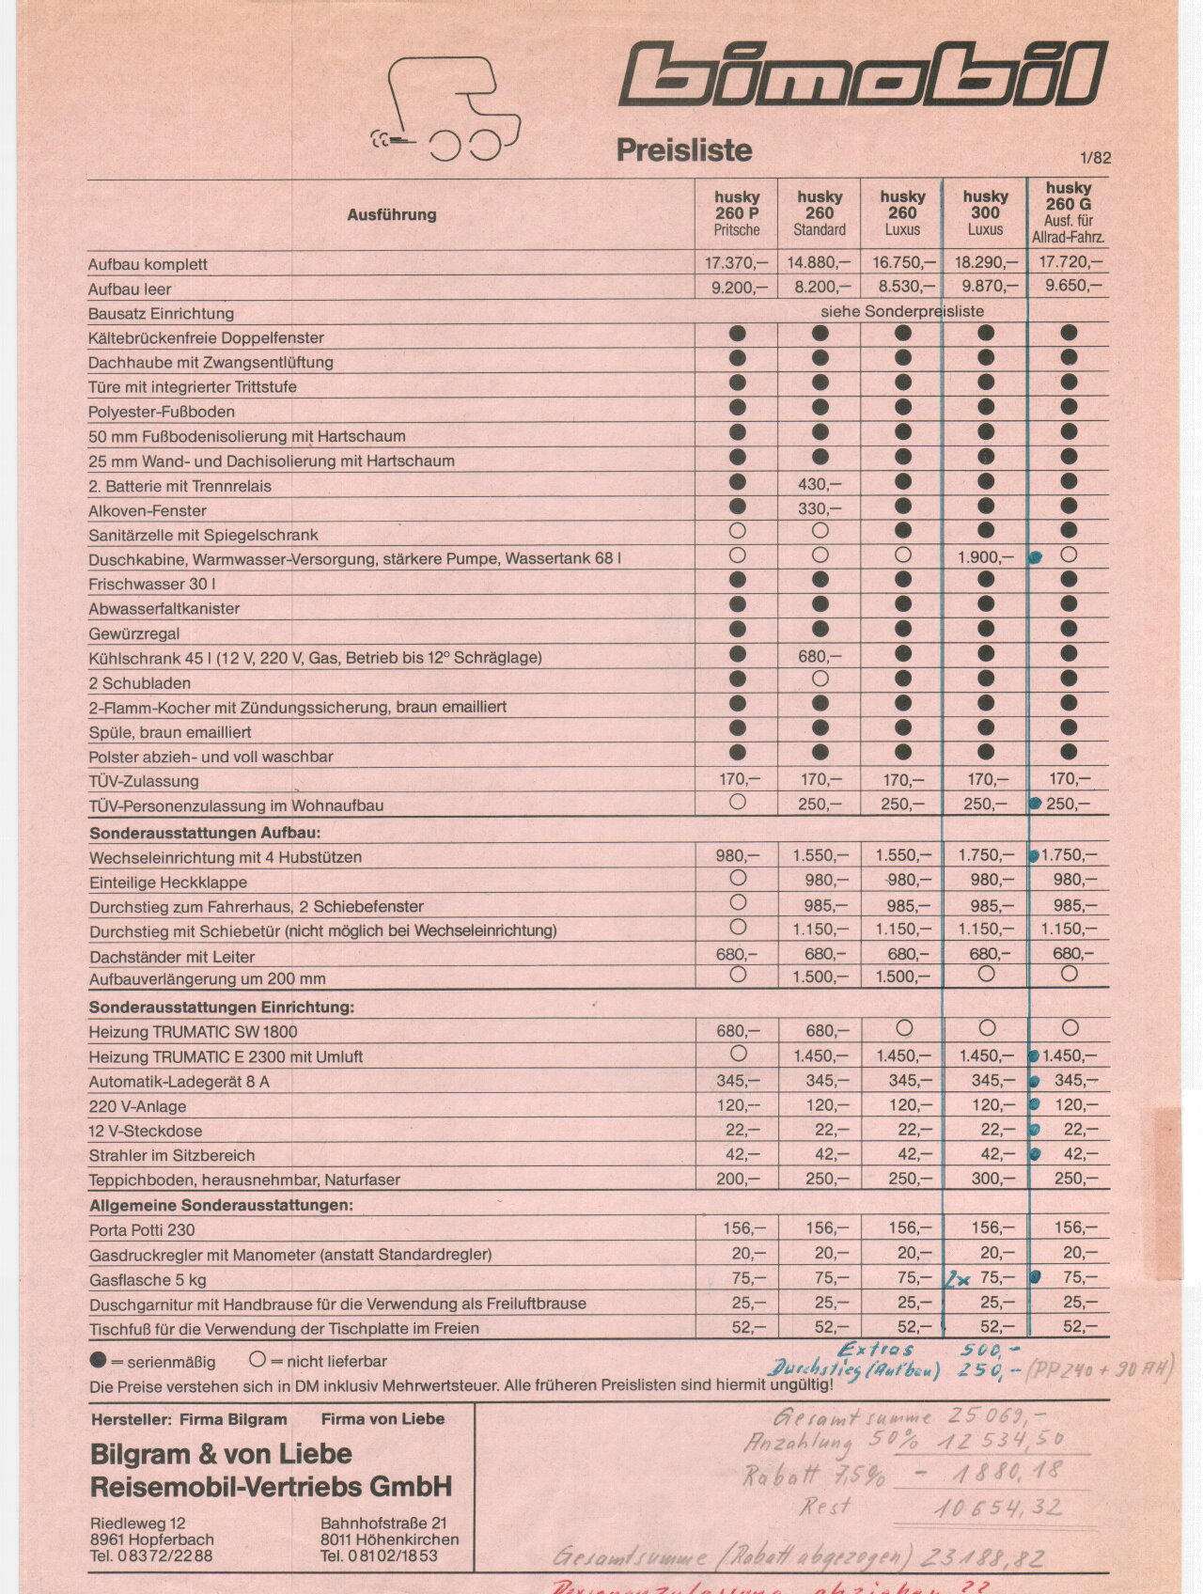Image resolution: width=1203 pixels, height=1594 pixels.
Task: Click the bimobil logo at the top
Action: (x=863, y=74)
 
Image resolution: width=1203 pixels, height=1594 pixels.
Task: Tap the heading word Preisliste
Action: (x=683, y=150)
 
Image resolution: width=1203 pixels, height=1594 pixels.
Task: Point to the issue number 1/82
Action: (x=1095, y=158)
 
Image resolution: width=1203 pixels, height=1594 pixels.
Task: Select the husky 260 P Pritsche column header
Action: (x=737, y=213)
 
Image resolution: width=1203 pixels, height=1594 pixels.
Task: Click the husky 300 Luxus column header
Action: (x=985, y=212)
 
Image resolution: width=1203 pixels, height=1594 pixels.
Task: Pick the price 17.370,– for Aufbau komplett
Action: (x=736, y=263)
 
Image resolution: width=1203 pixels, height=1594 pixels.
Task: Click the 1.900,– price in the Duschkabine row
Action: (x=985, y=557)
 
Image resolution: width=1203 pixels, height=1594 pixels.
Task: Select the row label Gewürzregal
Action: (x=134, y=633)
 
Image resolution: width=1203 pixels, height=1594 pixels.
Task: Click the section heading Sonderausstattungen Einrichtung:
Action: (x=222, y=1007)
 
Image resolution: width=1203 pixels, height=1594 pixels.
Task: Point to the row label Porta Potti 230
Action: (x=143, y=1229)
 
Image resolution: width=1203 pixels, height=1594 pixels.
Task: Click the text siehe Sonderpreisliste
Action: (x=902, y=311)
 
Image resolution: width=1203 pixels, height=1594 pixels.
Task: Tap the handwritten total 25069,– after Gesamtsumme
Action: (x=998, y=1416)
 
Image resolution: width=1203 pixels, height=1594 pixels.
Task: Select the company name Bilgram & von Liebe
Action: (x=221, y=1454)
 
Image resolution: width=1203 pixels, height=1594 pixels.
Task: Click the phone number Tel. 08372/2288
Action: (x=151, y=1555)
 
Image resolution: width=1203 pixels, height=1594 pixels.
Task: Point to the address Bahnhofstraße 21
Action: (x=383, y=1523)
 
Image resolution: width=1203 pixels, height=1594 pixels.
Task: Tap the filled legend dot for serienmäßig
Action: (x=98, y=1360)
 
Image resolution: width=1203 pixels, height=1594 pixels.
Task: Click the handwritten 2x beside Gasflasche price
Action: (x=959, y=1279)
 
